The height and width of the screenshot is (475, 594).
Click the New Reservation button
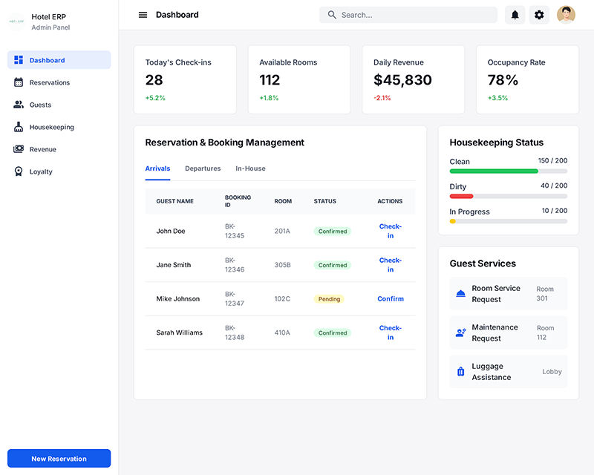59,459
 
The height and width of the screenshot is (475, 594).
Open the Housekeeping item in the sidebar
51,127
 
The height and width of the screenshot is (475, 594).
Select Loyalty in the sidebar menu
41,171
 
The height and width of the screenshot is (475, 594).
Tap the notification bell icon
515,15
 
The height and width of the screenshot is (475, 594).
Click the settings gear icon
539,15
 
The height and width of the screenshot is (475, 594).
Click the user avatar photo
566,15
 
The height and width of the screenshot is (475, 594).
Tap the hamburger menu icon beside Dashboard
143,15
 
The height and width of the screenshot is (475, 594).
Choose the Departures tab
203,168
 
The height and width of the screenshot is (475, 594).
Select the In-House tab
250,168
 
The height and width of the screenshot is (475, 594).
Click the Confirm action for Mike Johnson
391,299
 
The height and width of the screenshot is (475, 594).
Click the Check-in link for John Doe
390,231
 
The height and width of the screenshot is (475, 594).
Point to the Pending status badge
329,299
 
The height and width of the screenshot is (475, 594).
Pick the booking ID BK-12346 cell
235,265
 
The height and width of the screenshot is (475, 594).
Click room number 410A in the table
282,332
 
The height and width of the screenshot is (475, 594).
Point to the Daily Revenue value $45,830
402,80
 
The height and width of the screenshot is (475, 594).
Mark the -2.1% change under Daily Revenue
382,98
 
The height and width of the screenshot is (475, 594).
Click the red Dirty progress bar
461,196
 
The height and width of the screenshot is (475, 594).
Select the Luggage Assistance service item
508,372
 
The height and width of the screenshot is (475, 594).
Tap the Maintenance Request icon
460,332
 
